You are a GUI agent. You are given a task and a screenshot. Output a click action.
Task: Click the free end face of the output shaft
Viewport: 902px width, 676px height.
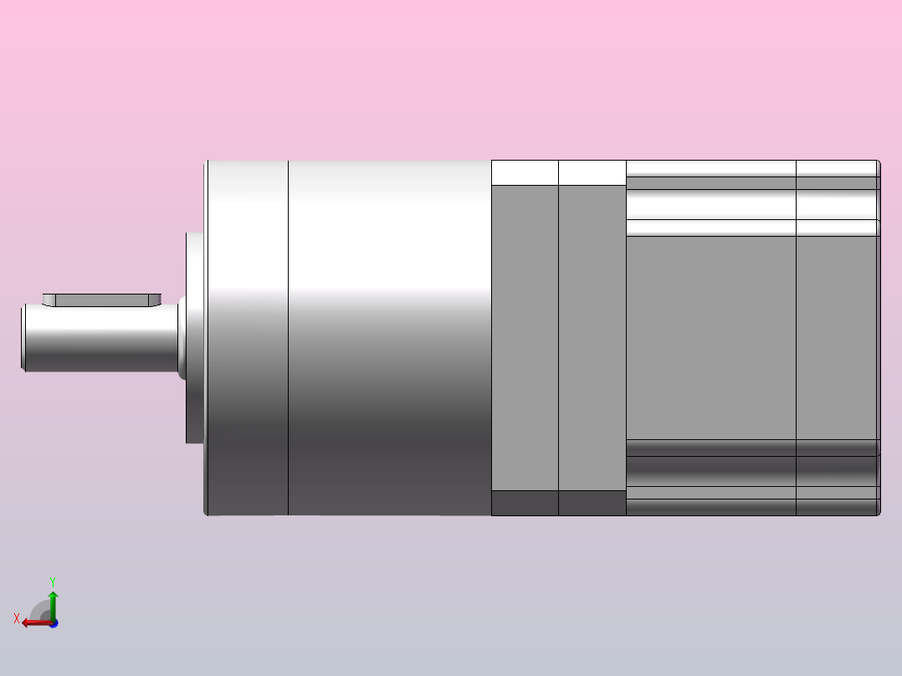coord(23,338)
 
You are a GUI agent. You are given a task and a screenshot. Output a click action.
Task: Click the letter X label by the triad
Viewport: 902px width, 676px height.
coord(17,618)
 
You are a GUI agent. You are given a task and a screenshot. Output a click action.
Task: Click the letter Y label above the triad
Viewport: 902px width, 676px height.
coord(52,581)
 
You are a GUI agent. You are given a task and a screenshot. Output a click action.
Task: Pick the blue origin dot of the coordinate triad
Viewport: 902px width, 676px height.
coord(53,623)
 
